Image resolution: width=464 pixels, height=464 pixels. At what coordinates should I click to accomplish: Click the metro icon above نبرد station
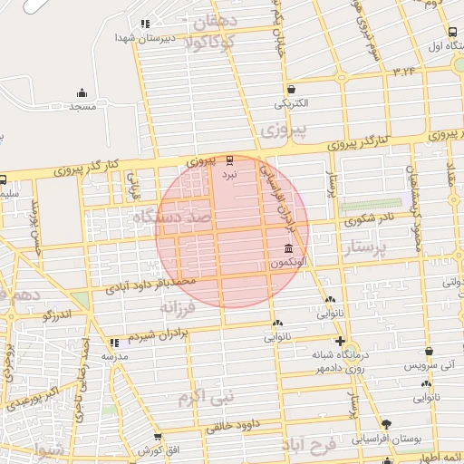pyautogui.click(x=228, y=158)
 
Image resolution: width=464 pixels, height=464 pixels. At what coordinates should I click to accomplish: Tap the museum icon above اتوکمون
pyautogui.click(x=288, y=248)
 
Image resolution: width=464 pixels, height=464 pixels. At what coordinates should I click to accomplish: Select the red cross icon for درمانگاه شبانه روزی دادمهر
pyautogui.click(x=339, y=342)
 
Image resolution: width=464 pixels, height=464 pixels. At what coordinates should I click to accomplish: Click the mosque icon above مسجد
pyautogui.click(x=82, y=92)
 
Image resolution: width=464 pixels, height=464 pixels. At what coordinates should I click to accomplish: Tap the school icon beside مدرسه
pyautogui.click(x=114, y=343)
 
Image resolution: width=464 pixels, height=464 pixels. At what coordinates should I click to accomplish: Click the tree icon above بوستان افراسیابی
pyautogui.click(x=386, y=423)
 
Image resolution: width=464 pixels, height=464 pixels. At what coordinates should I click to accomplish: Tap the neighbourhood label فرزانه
pyautogui.click(x=178, y=308)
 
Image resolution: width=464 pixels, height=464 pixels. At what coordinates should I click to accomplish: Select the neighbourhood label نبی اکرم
pyautogui.click(x=206, y=396)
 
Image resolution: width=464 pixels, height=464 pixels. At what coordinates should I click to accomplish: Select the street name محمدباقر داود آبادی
pyautogui.click(x=151, y=286)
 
